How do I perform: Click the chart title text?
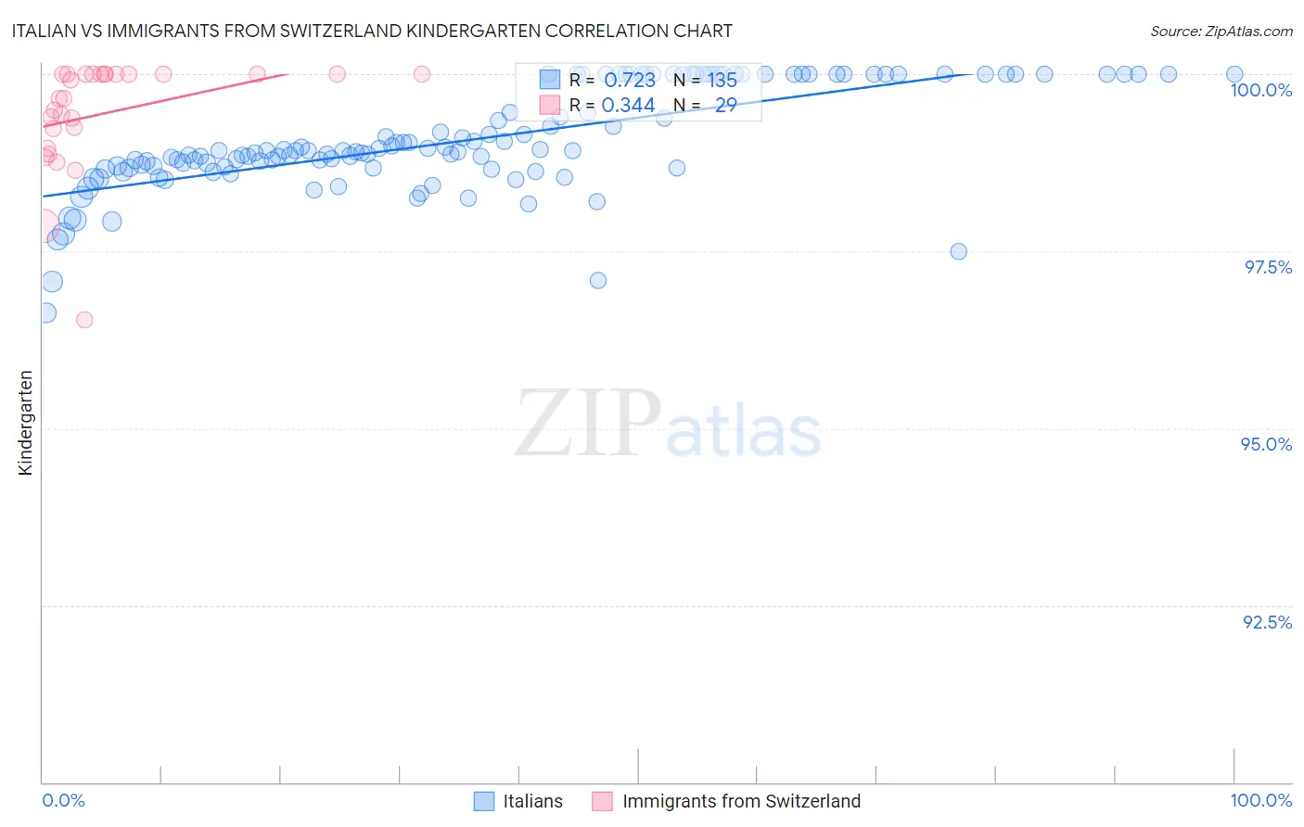[x=372, y=31]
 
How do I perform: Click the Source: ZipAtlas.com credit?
[x=1221, y=31]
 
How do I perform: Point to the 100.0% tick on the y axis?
[x=1260, y=90]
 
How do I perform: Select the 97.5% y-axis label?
[x=1267, y=267]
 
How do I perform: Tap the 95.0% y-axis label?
[x=1266, y=444]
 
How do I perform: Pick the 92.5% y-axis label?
[x=1267, y=622]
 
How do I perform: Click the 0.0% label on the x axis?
[x=63, y=800]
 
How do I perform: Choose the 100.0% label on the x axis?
[x=1260, y=800]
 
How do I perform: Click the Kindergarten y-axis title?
[x=25, y=423]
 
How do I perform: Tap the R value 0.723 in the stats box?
[x=629, y=80]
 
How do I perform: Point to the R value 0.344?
[x=628, y=106]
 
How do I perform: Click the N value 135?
[x=722, y=80]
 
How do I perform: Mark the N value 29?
[x=725, y=106]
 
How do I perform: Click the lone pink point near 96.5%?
[x=84, y=320]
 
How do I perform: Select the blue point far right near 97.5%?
[x=958, y=251]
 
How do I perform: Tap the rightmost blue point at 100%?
[x=1234, y=74]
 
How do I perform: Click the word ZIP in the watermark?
[x=588, y=424]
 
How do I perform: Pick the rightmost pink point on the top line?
[x=421, y=74]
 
